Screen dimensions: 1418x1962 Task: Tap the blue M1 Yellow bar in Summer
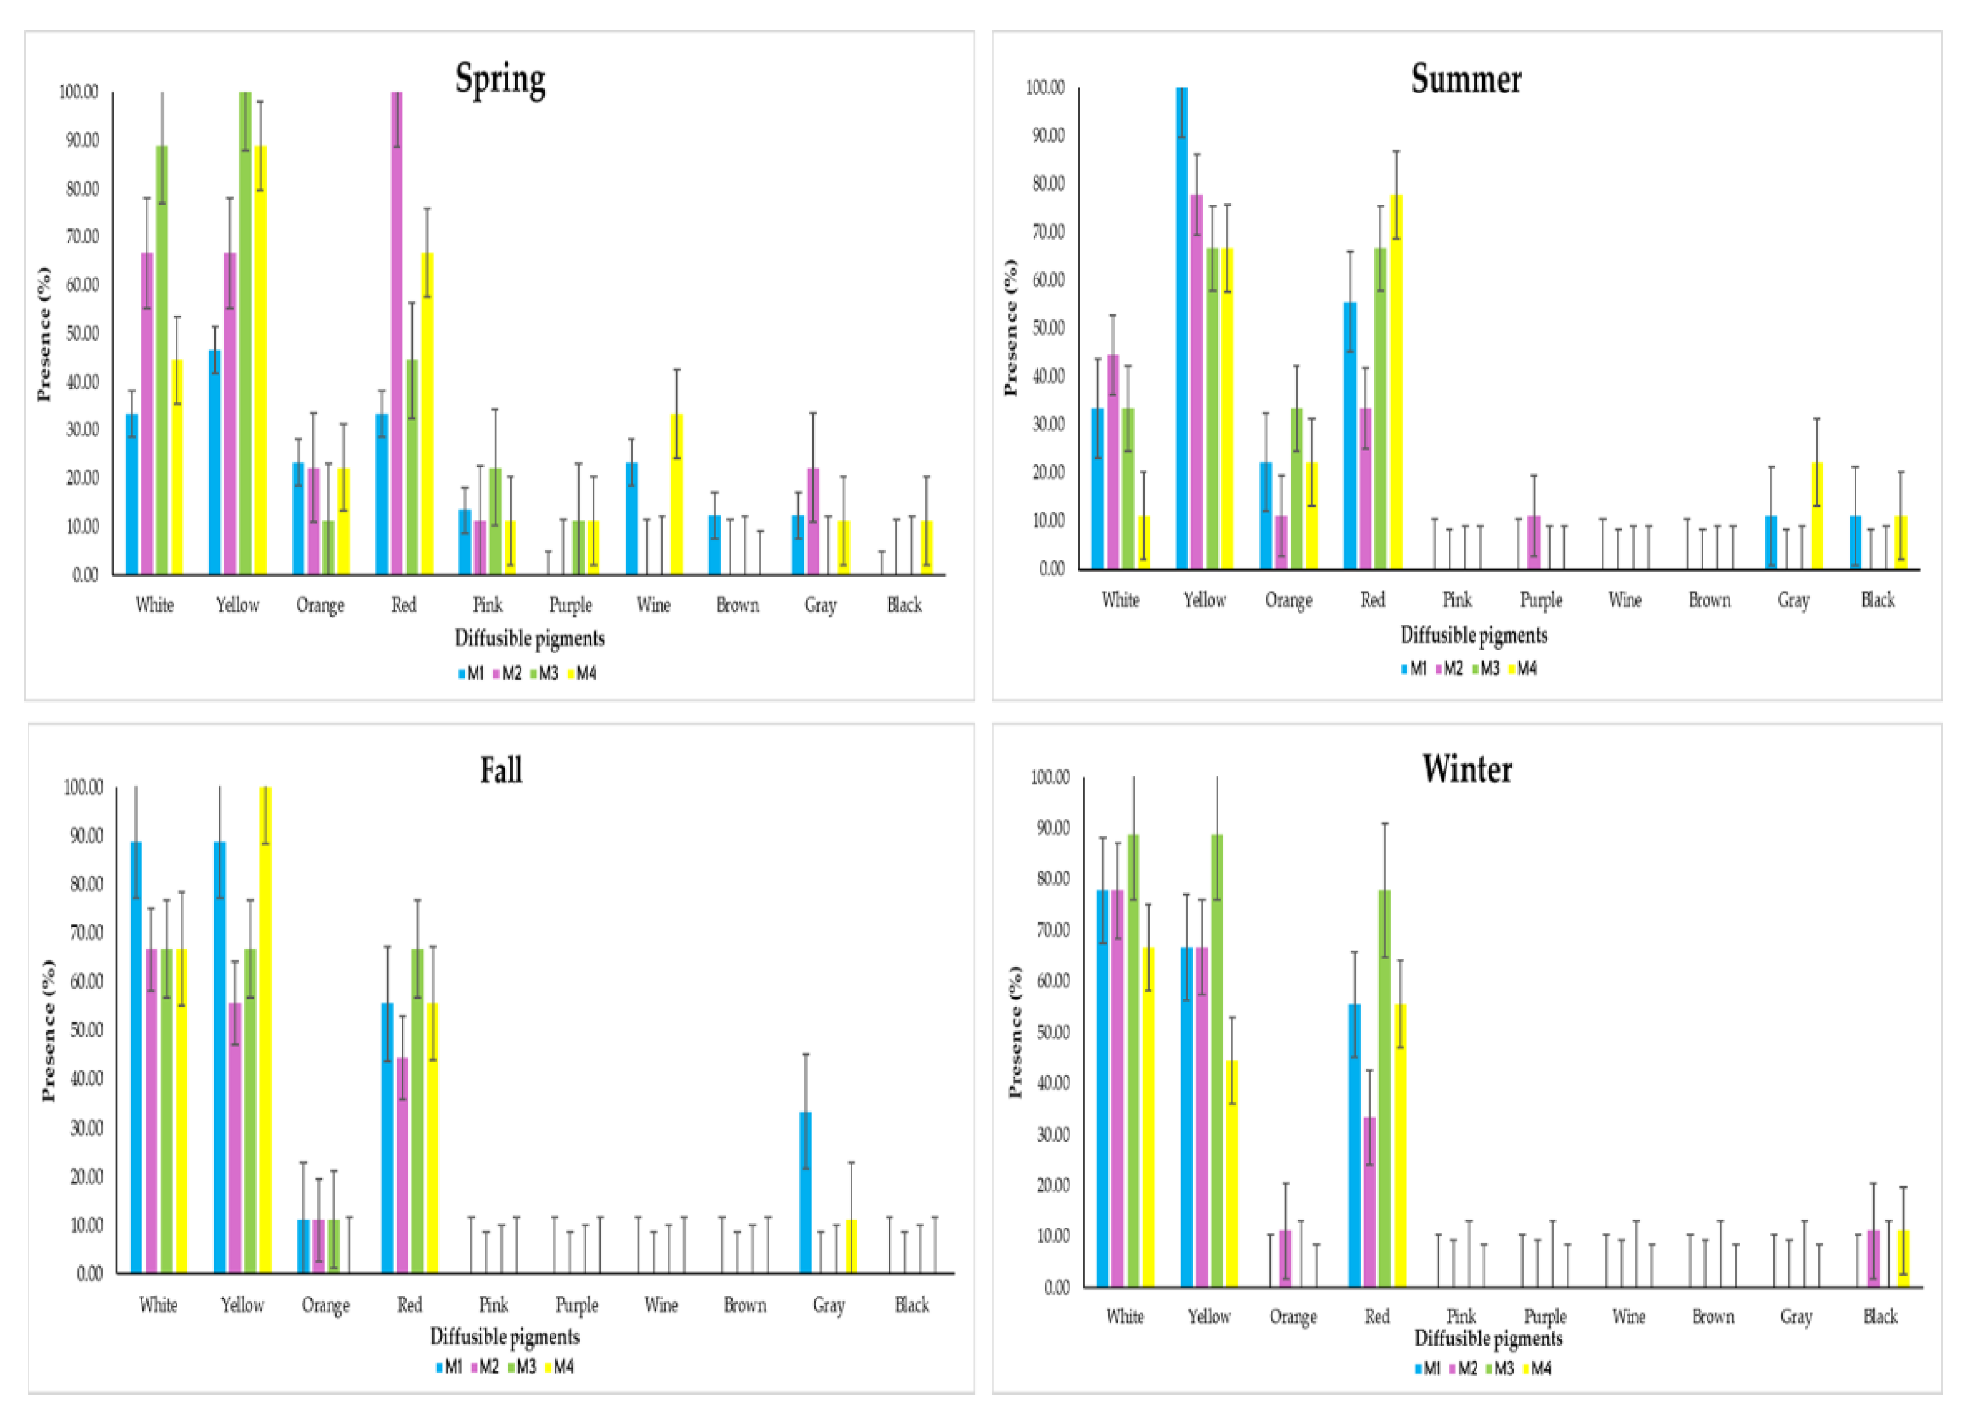point(1181,329)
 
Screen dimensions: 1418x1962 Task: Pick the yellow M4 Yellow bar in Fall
point(265,1029)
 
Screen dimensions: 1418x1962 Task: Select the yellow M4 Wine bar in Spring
point(677,494)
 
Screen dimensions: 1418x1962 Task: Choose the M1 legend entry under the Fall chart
point(449,1367)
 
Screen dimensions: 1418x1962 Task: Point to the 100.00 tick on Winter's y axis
point(1049,777)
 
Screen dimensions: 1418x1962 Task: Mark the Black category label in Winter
point(1880,1316)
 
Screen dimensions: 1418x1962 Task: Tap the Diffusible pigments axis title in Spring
point(529,639)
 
